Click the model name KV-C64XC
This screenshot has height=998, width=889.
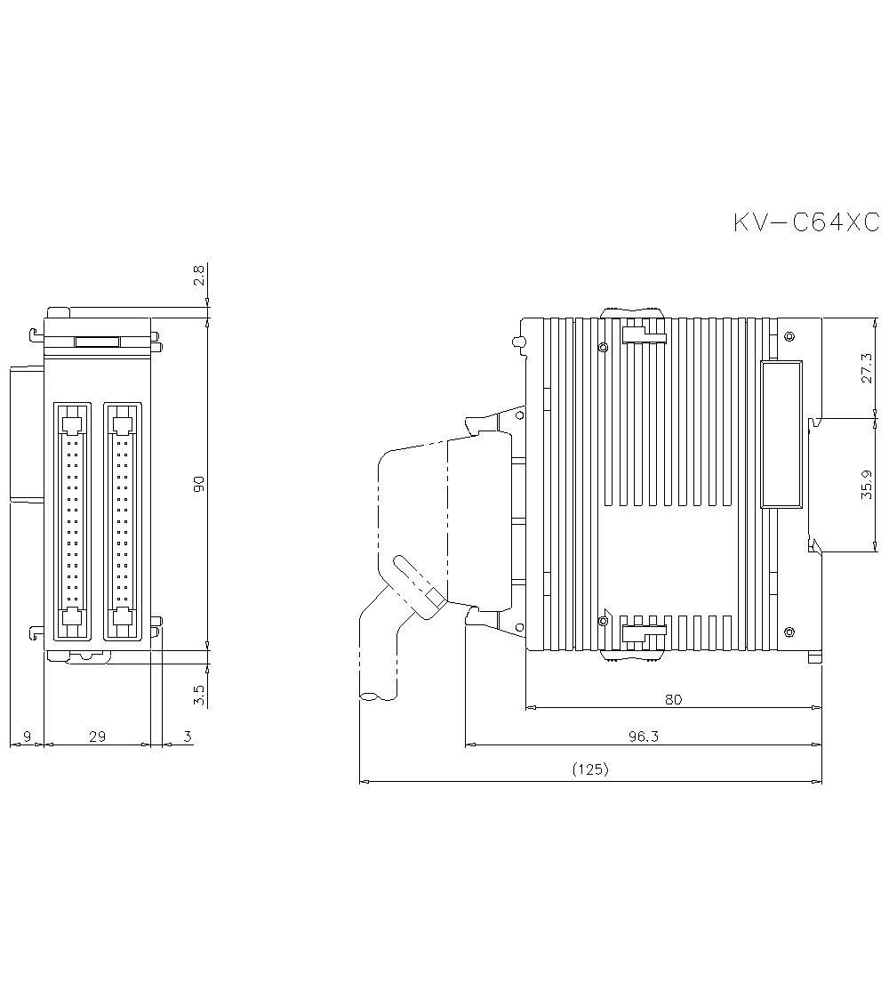805,222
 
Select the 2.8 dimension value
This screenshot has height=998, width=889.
199,275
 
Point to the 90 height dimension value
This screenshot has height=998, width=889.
199,484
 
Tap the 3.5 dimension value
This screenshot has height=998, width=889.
199,694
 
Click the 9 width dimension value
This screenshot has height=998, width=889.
27,736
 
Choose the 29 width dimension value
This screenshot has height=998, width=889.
98,736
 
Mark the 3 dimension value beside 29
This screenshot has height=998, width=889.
187,736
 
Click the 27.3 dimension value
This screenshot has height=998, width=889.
868,367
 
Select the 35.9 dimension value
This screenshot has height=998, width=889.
868,485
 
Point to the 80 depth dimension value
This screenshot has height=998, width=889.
673,699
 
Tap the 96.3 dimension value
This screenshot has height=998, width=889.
643,736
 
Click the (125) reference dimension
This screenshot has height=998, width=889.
590,770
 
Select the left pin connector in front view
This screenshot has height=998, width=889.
73,520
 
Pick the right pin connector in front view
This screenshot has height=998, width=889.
123,520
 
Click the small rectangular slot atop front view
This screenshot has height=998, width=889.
97,341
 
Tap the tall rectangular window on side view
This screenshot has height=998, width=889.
781,433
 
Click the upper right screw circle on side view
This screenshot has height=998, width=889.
789,336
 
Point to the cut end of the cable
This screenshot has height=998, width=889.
374,697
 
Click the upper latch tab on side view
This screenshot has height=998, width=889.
644,334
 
